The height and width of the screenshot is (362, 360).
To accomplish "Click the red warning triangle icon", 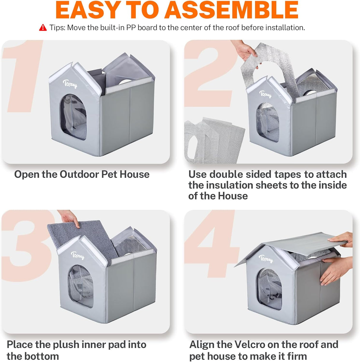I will pyautogui.click(x=43, y=28).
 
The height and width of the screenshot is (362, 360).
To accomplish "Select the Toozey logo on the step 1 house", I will pyautogui.click(x=70, y=84).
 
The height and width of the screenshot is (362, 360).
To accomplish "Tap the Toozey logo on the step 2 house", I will pyautogui.click(x=265, y=94).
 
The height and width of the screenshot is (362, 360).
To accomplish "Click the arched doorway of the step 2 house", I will pyautogui.click(x=267, y=122).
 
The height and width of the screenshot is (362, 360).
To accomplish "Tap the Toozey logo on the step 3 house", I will pyautogui.click(x=78, y=255).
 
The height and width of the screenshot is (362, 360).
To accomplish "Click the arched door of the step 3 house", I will pyautogui.click(x=81, y=286).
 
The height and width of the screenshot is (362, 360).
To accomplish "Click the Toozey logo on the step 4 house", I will pyautogui.click(x=266, y=259).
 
